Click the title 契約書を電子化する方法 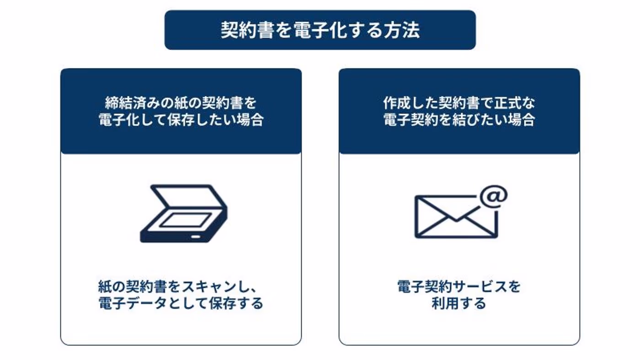(320, 30)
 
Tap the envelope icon (455, 217)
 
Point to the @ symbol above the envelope (494, 197)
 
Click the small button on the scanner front (196, 236)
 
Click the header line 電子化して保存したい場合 (181, 120)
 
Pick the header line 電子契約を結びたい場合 (459, 120)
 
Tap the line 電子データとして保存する (181, 303)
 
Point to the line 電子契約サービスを (459, 287)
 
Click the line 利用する (459, 303)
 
